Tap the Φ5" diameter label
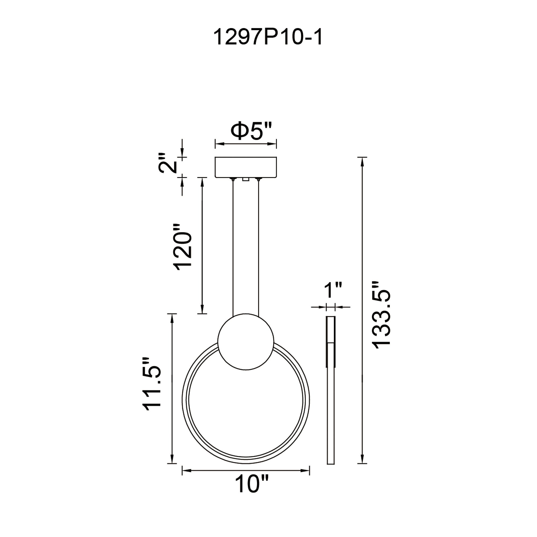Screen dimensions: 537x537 pos(251,131)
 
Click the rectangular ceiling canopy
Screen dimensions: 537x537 pos(246,167)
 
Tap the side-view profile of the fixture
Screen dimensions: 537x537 pos(331,389)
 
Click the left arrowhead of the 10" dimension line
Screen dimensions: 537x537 pos(186,470)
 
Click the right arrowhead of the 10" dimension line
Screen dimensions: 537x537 pos(306,470)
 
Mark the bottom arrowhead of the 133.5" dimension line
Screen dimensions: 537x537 pos(362,459)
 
